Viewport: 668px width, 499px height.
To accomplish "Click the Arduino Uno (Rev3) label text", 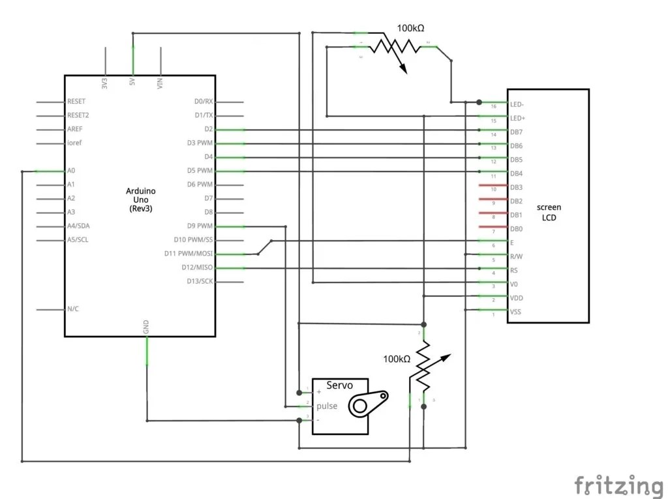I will (141, 199).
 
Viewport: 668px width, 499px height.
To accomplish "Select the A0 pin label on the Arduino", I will (71, 171).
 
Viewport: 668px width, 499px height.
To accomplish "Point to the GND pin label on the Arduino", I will (146, 325).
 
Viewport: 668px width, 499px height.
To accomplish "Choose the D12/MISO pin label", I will (197, 267).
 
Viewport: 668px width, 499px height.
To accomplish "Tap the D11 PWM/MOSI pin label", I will (193, 254).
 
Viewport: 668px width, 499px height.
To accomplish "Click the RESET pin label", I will (76, 102).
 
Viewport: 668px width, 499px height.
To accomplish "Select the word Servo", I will (339, 386).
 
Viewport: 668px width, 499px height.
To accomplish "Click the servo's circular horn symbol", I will (361, 406).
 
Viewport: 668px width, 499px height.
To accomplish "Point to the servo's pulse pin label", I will (327, 406).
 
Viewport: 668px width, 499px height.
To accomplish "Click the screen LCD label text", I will (549, 213).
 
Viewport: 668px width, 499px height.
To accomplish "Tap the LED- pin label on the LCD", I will (517, 104).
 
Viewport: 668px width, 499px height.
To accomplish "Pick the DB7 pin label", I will (516, 132).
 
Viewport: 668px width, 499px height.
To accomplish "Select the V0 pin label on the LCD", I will (514, 284).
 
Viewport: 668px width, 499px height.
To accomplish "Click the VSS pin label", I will (515, 312).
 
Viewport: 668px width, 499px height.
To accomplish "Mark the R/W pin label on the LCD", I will (515, 256).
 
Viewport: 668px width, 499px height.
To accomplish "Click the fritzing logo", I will (618, 486).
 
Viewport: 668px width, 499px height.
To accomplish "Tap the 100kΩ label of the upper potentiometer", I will (411, 28).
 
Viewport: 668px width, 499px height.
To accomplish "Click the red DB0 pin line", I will (493, 227).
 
